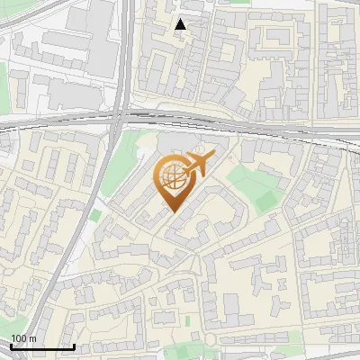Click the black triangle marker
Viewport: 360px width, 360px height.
click(x=180, y=24)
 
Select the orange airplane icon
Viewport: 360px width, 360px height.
click(x=199, y=165)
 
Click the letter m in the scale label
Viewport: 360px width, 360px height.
click(x=33, y=338)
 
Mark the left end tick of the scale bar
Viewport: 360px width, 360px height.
click(x=11, y=346)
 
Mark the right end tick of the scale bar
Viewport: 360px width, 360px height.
click(x=74, y=346)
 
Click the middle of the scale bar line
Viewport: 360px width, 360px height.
click(x=42, y=347)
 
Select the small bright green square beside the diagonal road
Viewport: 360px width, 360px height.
click(x=95, y=216)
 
